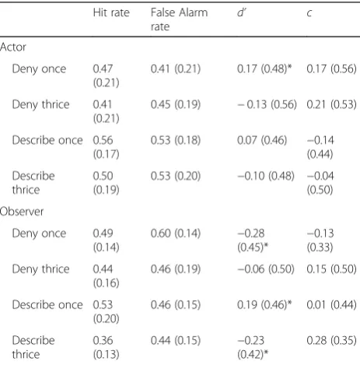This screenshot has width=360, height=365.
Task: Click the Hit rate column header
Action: (x=111, y=12)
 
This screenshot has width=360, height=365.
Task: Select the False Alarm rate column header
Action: (x=179, y=19)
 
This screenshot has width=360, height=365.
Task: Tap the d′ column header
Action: (x=241, y=12)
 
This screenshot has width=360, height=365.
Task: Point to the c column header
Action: (x=309, y=13)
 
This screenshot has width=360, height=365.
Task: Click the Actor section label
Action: (x=13, y=47)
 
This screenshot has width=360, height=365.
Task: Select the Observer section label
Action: (x=22, y=212)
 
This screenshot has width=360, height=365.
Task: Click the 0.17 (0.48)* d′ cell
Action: (x=264, y=68)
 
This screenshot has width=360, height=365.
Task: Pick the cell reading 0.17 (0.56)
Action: (x=331, y=68)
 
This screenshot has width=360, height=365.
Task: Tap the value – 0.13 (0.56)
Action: (x=267, y=104)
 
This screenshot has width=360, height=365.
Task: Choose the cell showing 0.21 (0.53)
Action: (x=331, y=104)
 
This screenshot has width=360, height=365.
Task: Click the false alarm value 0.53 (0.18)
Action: (x=176, y=140)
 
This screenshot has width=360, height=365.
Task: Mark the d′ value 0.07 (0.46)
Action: (x=262, y=140)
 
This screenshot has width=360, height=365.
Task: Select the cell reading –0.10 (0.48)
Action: (x=266, y=176)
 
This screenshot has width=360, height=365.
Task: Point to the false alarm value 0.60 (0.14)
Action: (x=176, y=233)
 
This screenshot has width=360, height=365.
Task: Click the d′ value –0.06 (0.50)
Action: (x=266, y=269)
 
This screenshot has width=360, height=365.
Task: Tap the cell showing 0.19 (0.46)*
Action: (x=264, y=304)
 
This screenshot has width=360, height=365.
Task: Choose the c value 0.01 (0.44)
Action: (x=331, y=304)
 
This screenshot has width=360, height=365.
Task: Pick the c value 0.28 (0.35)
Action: (x=331, y=340)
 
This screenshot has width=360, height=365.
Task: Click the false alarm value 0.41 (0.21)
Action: (x=176, y=68)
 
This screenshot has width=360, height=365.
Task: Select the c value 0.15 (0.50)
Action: (x=331, y=269)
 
